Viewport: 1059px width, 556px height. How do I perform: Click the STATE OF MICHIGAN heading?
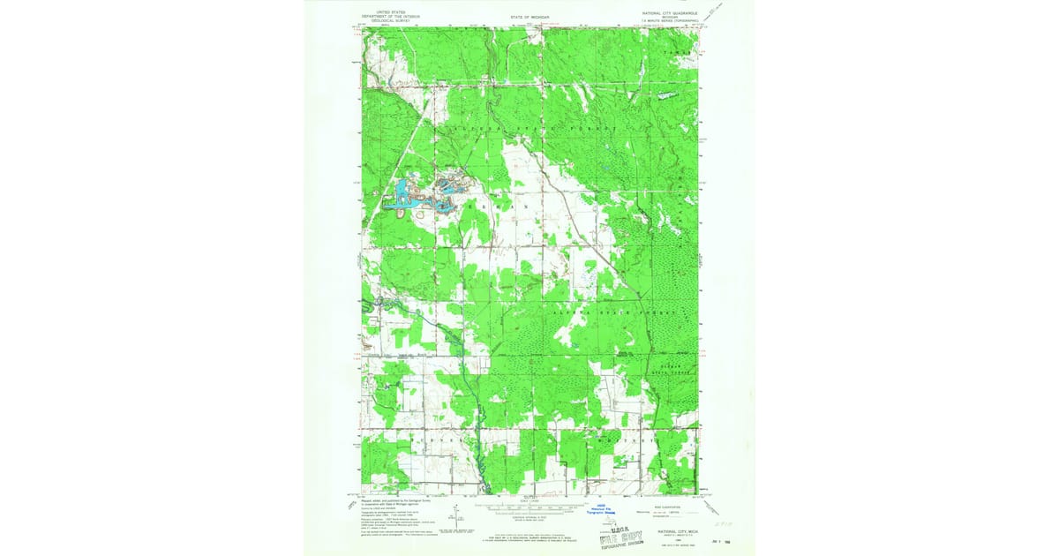pyautogui.click(x=529, y=17)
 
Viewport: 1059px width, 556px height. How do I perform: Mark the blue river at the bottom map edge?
pyautogui.click(x=477, y=485)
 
